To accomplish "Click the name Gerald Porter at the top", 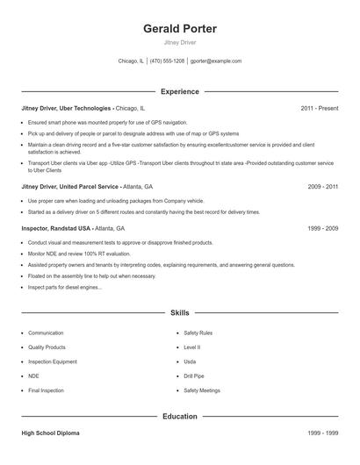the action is (179, 29).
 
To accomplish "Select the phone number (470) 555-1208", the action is (167, 61).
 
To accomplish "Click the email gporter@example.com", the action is (216, 61).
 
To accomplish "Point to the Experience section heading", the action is (179, 91).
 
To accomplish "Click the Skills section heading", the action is (179, 312).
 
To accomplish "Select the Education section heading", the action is (179, 417).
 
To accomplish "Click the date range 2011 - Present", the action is (319, 108).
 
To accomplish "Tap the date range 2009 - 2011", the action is (322, 187).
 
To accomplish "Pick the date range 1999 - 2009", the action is (322, 227).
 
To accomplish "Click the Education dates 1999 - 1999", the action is (322, 433).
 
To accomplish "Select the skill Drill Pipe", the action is (195, 376).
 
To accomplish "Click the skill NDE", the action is (34, 376).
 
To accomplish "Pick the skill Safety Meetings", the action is (201, 390).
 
